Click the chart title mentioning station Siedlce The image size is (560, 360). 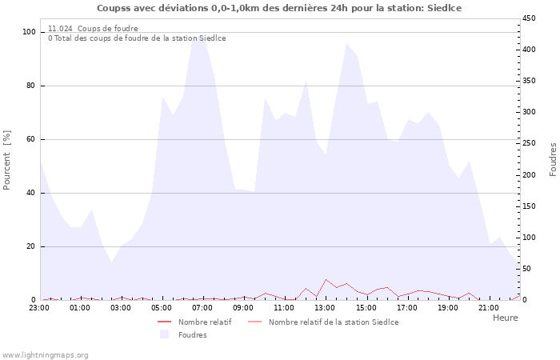pyautogui.click(x=279, y=8)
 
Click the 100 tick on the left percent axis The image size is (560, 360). pyautogui.click(x=29, y=32)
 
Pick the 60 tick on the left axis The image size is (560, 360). pyautogui.click(x=30, y=139)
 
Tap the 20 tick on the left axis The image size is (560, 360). pyautogui.click(x=30, y=246)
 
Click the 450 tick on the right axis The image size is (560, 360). pyautogui.click(x=530, y=18)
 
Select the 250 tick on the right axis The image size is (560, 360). pyautogui.click(x=530, y=143)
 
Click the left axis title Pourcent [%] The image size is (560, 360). pyautogui.click(x=7, y=160)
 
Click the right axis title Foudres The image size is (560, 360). pyautogui.click(x=553, y=159)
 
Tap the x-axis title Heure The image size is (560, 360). pyautogui.click(x=505, y=318)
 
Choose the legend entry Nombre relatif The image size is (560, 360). pyautogui.click(x=205, y=322)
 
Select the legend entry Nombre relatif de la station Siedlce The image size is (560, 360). pyautogui.click(x=333, y=322)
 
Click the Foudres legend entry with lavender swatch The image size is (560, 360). pyautogui.click(x=192, y=334)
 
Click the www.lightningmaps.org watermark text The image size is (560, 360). pyautogui.click(x=45, y=354)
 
